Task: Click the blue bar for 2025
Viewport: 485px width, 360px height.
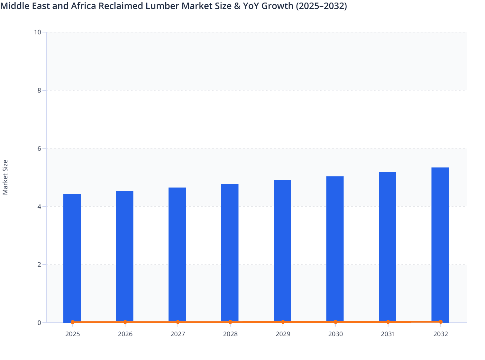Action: (72, 257)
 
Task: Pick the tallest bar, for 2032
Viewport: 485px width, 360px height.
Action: (440, 244)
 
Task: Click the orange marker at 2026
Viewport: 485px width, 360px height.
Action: (125, 322)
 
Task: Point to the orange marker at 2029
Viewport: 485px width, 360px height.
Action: (283, 322)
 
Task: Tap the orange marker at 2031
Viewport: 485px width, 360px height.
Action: (388, 322)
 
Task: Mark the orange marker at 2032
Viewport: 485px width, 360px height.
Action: (441, 321)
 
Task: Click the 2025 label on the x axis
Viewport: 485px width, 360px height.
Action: (72, 334)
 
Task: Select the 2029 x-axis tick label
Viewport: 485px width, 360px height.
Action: (283, 334)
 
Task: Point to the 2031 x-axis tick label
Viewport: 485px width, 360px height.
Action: (388, 334)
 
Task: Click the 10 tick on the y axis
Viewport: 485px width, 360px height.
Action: (38, 32)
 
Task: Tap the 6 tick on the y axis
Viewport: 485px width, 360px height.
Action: (39, 148)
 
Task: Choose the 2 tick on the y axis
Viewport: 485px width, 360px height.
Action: (39, 265)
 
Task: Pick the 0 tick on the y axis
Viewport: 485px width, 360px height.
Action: (39, 323)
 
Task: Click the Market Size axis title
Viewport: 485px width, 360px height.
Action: (5, 177)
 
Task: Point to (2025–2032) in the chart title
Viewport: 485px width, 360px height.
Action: (321, 6)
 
